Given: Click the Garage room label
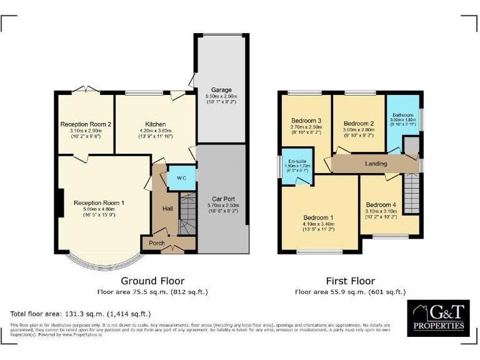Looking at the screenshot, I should click(222, 89).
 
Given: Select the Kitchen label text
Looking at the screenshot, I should click(155, 124).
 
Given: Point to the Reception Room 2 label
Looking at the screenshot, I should click(86, 124).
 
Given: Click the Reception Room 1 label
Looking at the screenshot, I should click(99, 202).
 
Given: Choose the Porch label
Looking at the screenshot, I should click(156, 243).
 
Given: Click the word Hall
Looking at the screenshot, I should click(167, 209).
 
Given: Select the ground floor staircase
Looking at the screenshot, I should click(187, 216).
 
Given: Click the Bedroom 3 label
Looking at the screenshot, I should click(306, 121).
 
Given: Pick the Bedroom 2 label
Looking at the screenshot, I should click(359, 123).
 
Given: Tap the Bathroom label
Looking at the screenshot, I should click(403, 115).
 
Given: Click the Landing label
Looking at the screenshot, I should click(376, 164).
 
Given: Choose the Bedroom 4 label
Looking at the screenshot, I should click(381, 205).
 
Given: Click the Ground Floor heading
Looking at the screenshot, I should click(152, 281).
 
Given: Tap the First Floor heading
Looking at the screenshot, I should click(350, 281).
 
